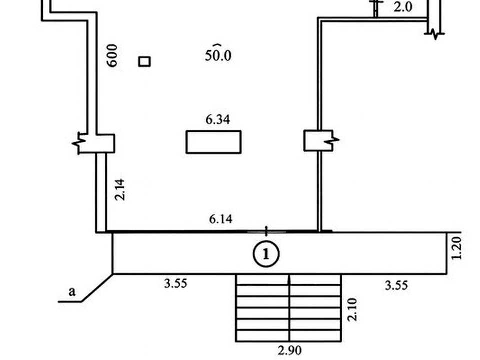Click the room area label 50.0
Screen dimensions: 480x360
click(218, 55)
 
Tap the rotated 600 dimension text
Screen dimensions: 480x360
click(112, 55)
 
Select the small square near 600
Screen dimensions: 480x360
click(144, 62)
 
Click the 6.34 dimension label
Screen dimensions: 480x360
click(218, 119)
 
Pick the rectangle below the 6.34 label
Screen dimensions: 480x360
click(213, 142)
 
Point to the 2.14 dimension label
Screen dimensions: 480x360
click(120, 190)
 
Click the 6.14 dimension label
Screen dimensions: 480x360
click(220, 219)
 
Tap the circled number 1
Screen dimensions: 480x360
click(266, 254)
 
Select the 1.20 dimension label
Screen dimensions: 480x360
click(456, 248)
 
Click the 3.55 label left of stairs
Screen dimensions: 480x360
click(175, 284)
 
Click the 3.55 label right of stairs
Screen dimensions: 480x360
click(396, 285)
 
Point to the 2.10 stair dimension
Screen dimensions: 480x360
click(352, 310)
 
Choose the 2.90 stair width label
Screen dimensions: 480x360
click(289, 350)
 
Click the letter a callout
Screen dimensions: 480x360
click(72, 291)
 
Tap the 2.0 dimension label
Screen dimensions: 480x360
click(403, 6)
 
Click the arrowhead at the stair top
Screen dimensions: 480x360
click(289, 278)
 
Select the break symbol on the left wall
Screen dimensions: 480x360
click(78, 143)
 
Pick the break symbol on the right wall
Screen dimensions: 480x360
click(333, 140)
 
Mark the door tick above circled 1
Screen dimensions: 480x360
click(266, 231)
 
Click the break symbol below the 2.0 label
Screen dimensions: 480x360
click(434, 34)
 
